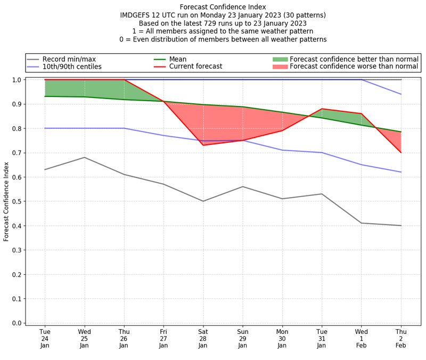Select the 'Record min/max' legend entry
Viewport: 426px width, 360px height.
coord(69,59)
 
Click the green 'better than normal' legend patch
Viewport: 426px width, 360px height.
coord(280,59)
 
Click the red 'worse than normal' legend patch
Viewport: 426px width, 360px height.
coord(280,67)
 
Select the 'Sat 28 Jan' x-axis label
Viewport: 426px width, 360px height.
coord(203,339)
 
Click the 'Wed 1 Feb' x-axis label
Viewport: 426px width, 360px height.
coord(361,339)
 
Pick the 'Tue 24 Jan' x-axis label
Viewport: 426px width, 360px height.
coord(45,339)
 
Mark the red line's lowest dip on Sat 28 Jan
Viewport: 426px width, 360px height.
coord(203,145)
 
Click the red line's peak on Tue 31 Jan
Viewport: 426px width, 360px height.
coord(322,109)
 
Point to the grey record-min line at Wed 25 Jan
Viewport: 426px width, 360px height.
coord(84,157)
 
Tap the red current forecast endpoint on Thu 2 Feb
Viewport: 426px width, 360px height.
coord(400,152)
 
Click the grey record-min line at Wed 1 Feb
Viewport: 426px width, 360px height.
coord(361,223)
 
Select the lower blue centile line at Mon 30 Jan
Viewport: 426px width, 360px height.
coord(282,150)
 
